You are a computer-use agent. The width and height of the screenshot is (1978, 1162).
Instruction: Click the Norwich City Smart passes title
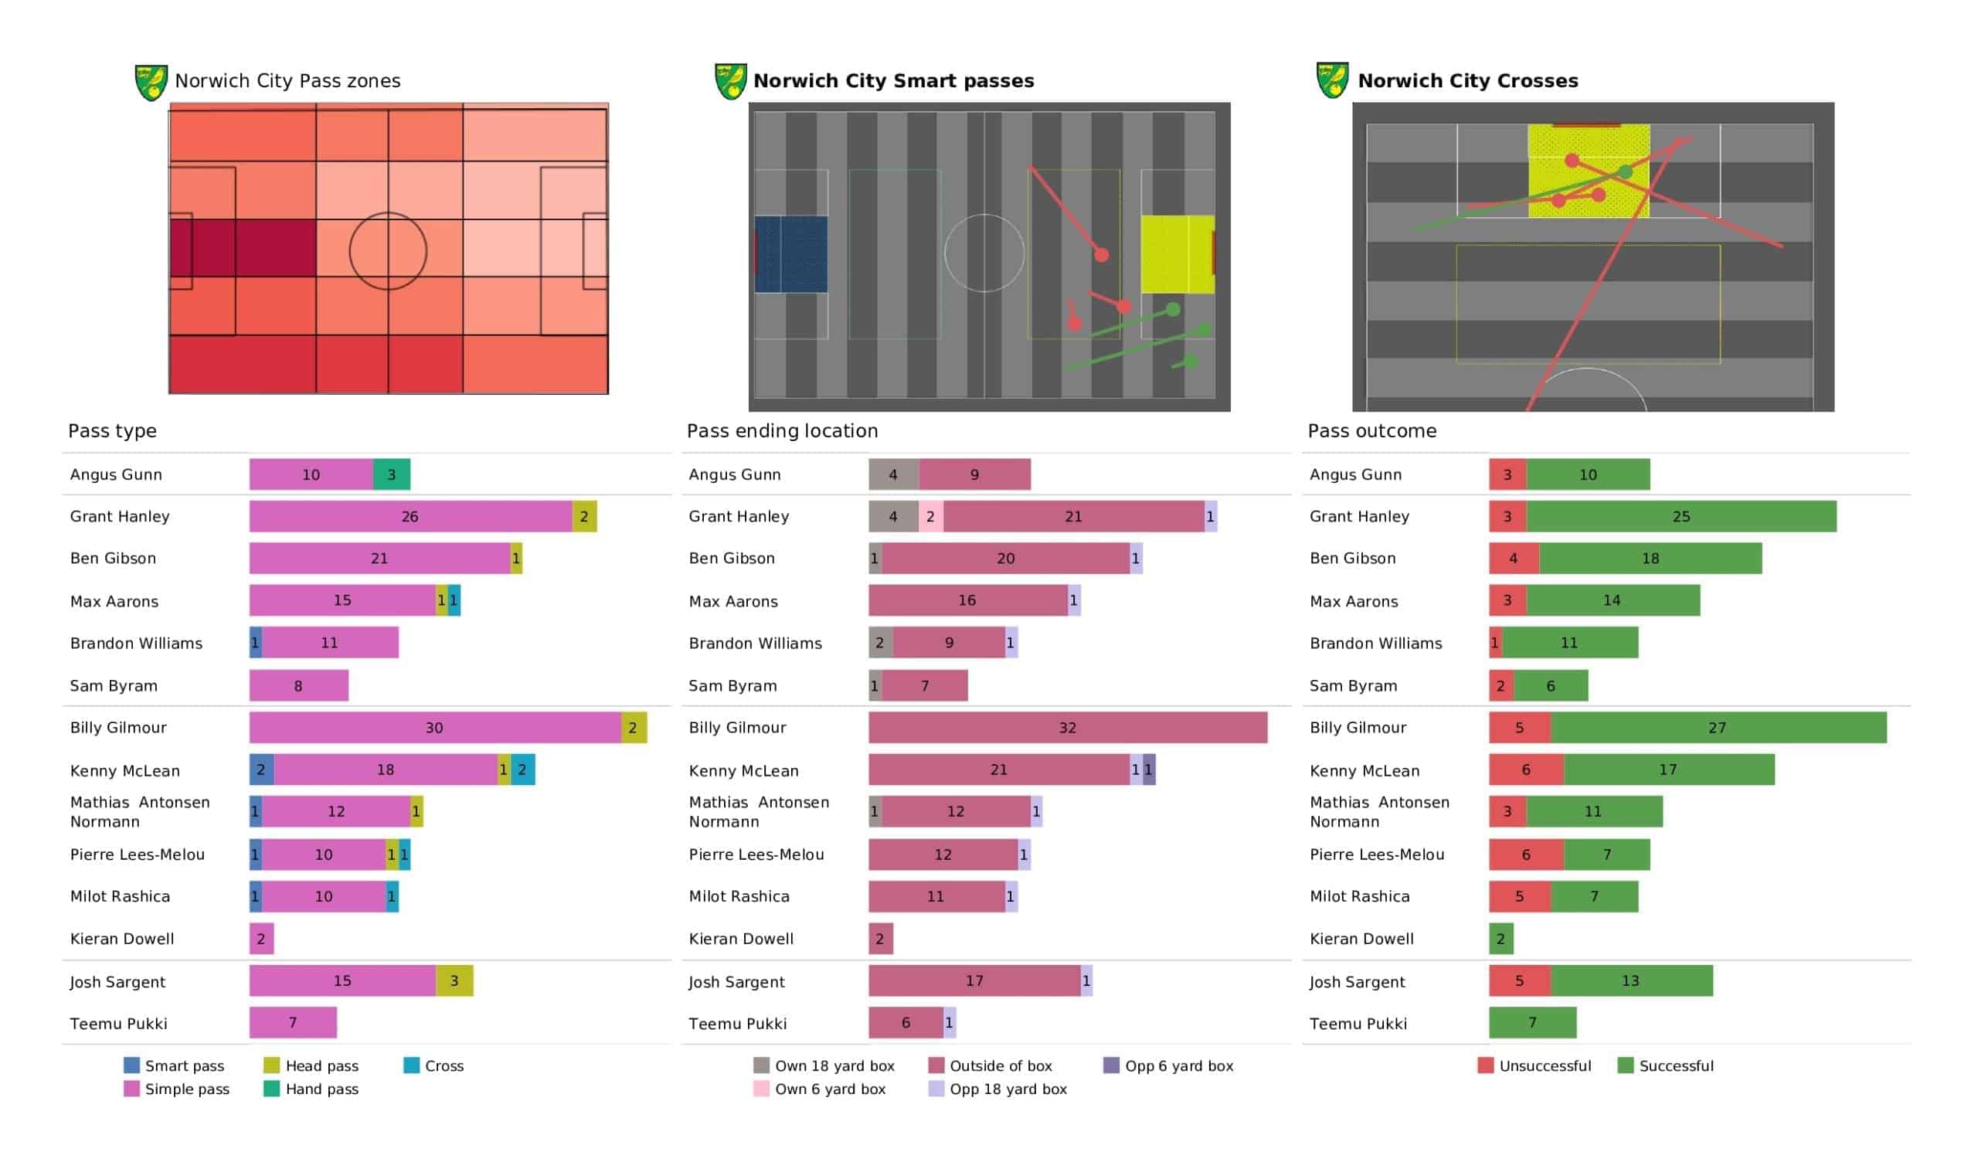pos(893,81)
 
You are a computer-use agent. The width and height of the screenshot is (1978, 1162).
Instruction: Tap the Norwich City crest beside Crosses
pos(1332,80)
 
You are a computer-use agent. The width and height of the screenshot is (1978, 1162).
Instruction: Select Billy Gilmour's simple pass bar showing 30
pos(435,728)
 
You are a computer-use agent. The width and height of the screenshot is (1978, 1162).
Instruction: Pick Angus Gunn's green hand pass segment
pos(392,474)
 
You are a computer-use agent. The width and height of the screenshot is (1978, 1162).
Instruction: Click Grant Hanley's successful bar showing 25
pos(1681,517)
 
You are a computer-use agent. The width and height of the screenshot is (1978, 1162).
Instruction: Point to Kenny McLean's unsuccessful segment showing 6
pos(1526,770)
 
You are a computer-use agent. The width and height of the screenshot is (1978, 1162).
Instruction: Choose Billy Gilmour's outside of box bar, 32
pos(1068,728)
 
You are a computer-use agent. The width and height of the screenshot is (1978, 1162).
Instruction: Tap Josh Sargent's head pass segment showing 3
pos(454,980)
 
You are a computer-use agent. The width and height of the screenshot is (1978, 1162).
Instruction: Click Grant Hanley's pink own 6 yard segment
pos(931,517)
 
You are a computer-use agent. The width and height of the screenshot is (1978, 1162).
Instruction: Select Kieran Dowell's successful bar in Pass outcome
pos(1500,939)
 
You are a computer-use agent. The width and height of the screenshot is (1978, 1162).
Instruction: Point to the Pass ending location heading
pos(782,431)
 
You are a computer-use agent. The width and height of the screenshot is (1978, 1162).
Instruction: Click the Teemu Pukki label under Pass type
pos(118,1024)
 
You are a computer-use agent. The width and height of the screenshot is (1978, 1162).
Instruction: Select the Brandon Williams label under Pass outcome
pos(1375,644)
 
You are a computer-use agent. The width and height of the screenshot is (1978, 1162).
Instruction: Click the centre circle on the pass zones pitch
pos(388,251)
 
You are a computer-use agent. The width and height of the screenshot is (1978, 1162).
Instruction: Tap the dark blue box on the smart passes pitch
pos(791,254)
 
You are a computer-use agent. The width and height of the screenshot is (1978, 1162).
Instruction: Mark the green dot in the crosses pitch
pos(1625,172)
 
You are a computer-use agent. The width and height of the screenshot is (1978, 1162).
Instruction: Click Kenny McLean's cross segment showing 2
pos(523,770)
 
